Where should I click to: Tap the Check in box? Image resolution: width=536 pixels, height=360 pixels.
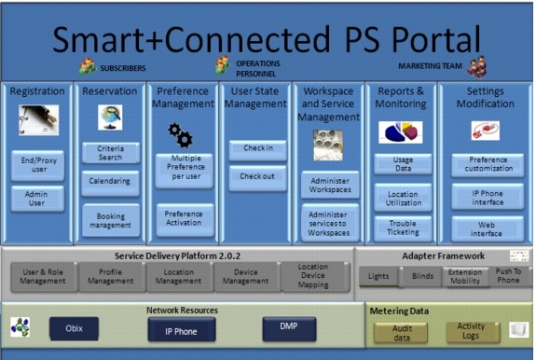coord(256,148)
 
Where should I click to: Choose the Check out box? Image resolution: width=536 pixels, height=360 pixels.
coord(256,176)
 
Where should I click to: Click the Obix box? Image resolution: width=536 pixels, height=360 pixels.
coord(74,328)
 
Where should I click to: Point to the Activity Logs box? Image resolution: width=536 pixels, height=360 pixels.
coord(471,331)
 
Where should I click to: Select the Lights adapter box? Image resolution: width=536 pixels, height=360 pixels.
coord(378,276)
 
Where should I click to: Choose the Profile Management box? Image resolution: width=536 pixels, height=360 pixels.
coord(110,276)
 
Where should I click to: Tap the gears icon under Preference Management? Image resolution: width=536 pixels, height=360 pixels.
coord(179,136)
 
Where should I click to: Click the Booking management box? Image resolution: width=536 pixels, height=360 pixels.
coord(109,220)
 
